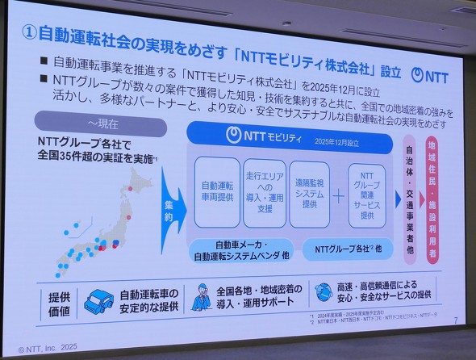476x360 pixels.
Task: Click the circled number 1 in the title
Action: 28,34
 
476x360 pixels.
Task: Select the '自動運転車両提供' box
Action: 217,190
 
